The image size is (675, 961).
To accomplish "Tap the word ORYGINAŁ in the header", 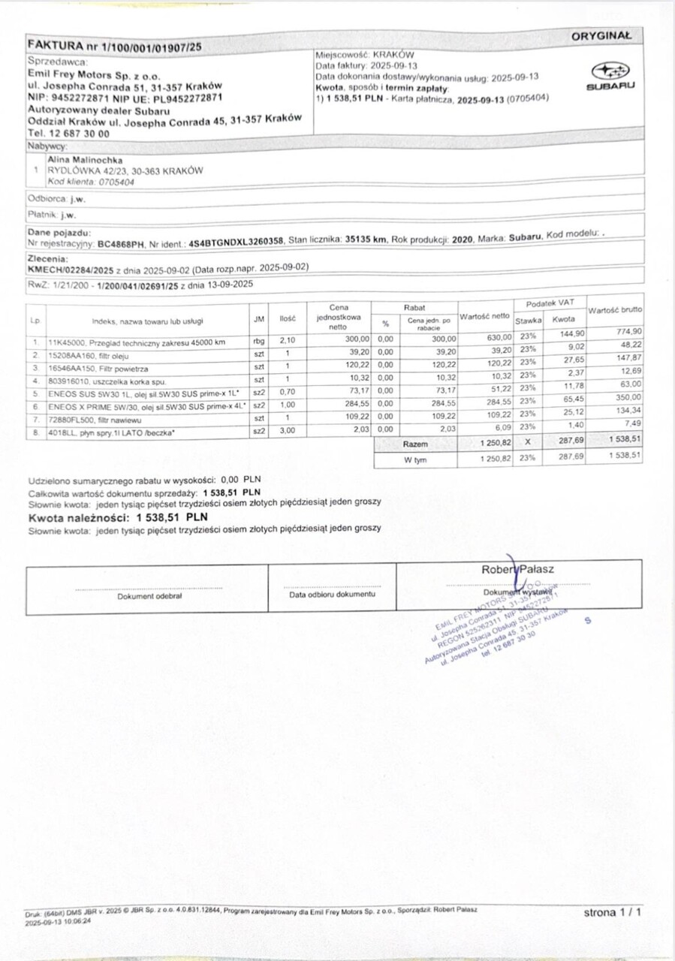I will [601, 35].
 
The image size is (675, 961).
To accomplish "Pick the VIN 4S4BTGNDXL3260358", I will [236, 241].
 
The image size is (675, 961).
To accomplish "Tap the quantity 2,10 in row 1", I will [288, 340].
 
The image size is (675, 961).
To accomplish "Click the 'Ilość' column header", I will [288, 320].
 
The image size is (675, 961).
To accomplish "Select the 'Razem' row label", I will [415, 444].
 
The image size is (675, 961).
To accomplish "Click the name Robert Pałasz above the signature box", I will [518, 569].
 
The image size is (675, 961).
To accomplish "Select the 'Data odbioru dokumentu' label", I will [331, 595].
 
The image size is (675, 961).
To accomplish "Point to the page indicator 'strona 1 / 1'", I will [613, 913].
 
